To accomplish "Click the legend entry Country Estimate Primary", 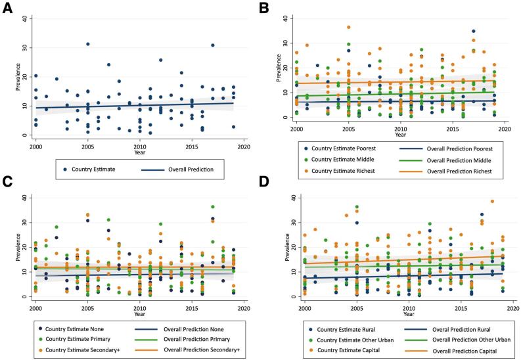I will [80, 338].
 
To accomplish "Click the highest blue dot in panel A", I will [87, 44].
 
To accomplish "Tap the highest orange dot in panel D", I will [492, 202].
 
